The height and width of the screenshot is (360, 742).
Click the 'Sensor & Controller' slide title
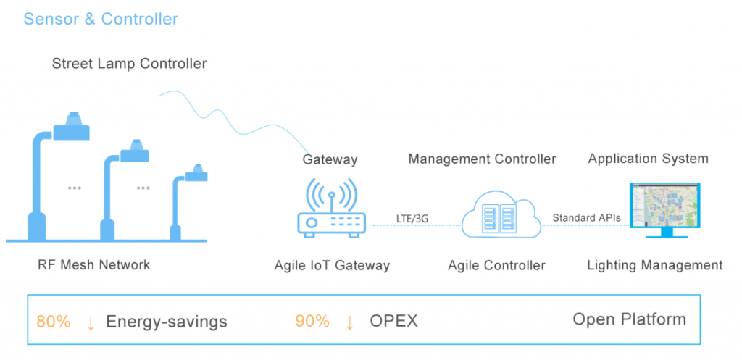101,19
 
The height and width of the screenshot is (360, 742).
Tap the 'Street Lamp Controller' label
129,64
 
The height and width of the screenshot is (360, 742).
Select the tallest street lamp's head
72,127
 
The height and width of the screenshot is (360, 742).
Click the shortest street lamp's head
196,174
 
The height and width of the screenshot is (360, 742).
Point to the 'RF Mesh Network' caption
93,264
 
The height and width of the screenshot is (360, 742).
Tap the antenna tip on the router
331,194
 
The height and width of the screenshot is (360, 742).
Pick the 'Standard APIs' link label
586,218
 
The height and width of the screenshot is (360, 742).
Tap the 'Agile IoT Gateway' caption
332,265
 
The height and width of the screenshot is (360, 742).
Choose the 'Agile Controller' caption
496,265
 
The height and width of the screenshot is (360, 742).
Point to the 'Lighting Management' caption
655,265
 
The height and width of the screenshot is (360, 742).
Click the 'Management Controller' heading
482,159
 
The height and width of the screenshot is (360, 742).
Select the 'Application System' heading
648,159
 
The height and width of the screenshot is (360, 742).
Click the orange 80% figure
53,322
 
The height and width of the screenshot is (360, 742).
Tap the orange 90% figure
312,321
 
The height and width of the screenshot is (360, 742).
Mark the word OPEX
393,321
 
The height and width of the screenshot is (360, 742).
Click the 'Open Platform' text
630,319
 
